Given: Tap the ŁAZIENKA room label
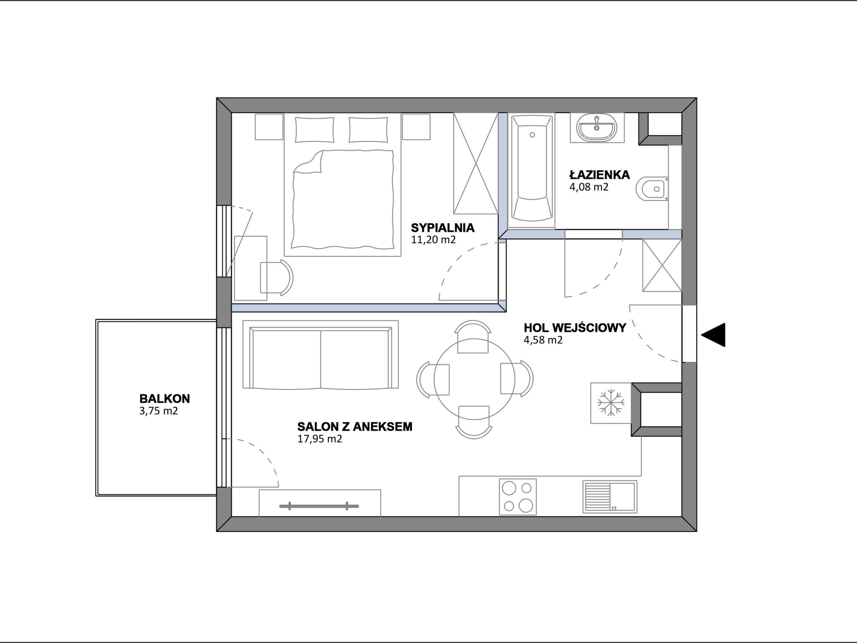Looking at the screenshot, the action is [599, 175].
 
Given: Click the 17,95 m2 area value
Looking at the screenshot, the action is [320, 439].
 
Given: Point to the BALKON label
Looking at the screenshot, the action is [165, 399].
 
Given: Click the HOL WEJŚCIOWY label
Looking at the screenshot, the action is [575, 328].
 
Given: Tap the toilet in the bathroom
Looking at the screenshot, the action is [652, 189].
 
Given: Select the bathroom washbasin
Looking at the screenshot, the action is [597, 128].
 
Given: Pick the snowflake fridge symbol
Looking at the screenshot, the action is [611, 403].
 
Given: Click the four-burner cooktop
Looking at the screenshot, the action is [518, 497].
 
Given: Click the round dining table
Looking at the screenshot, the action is [474, 379].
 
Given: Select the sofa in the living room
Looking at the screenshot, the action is [320, 354].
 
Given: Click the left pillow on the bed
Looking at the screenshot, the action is [315, 130].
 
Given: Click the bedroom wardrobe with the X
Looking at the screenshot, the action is [476, 163].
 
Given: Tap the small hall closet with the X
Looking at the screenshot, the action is [662, 266].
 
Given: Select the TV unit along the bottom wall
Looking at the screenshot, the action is [320, 503].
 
